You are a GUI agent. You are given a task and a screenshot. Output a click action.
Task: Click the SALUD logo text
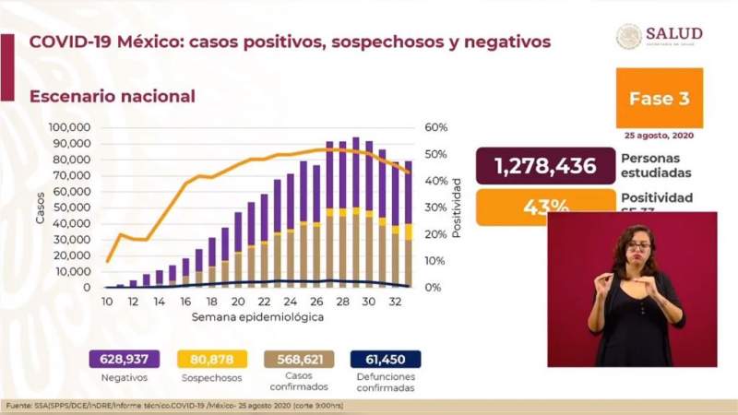(673, 33)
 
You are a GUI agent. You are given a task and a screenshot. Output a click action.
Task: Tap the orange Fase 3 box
(659, 99)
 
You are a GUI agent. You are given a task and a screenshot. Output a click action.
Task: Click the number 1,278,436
(545, 166)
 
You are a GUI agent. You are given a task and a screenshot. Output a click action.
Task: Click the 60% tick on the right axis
(435, 127)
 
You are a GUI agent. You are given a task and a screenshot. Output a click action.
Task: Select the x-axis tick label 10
(107, 302)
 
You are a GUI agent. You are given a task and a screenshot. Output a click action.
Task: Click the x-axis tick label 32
(395, 302)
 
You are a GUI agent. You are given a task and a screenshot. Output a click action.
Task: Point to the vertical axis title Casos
(40, 208)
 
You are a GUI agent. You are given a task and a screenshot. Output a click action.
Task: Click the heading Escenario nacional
(112, 96)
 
